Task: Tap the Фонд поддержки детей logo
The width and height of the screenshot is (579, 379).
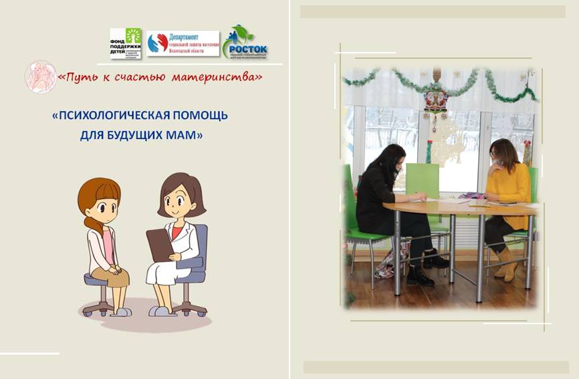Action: click(x=126, y=43)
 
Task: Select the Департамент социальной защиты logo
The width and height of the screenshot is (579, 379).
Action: click(x=183, y=43)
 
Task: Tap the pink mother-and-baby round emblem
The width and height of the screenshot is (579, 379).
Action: click(x=39, y=76)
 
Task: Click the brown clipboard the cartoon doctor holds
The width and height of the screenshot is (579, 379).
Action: click(x=160, y=245)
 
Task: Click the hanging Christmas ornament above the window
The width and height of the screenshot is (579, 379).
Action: click(x=437, y=100)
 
